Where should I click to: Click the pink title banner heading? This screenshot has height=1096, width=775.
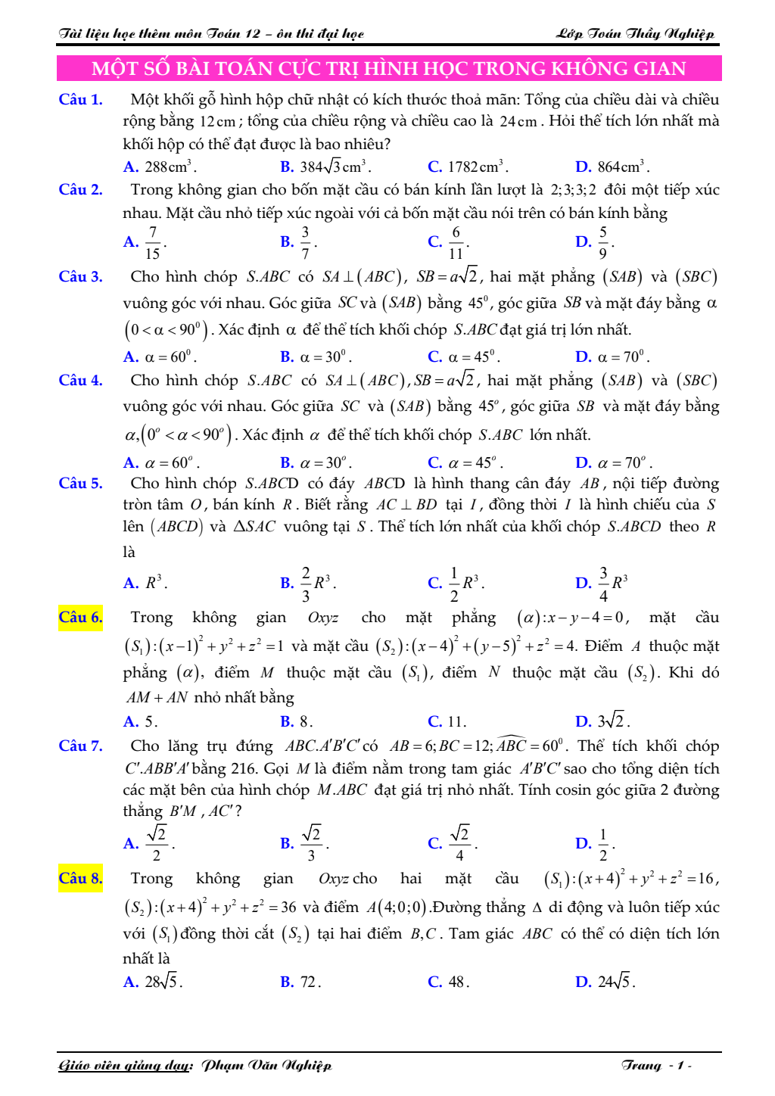[388, 68]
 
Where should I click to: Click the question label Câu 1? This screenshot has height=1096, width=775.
[80, 99]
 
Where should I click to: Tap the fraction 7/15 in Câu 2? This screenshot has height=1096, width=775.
[152, 242]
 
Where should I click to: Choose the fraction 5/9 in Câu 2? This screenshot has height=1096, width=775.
[602, 242]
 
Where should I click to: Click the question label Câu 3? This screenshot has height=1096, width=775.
[80, 276]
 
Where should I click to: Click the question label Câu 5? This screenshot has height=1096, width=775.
[80, 483]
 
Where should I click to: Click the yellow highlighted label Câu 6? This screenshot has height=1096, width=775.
[80, 617]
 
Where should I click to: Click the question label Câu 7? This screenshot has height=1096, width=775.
[80, 746]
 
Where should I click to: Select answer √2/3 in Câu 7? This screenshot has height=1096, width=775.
[311, 842]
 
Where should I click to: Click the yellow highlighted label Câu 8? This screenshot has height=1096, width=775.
[80, 878]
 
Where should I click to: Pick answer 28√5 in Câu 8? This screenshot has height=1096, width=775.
[162, 982]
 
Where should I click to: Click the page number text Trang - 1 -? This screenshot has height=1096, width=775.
[656, 1065]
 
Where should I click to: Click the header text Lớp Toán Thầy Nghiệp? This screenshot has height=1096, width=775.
[635, 33]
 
